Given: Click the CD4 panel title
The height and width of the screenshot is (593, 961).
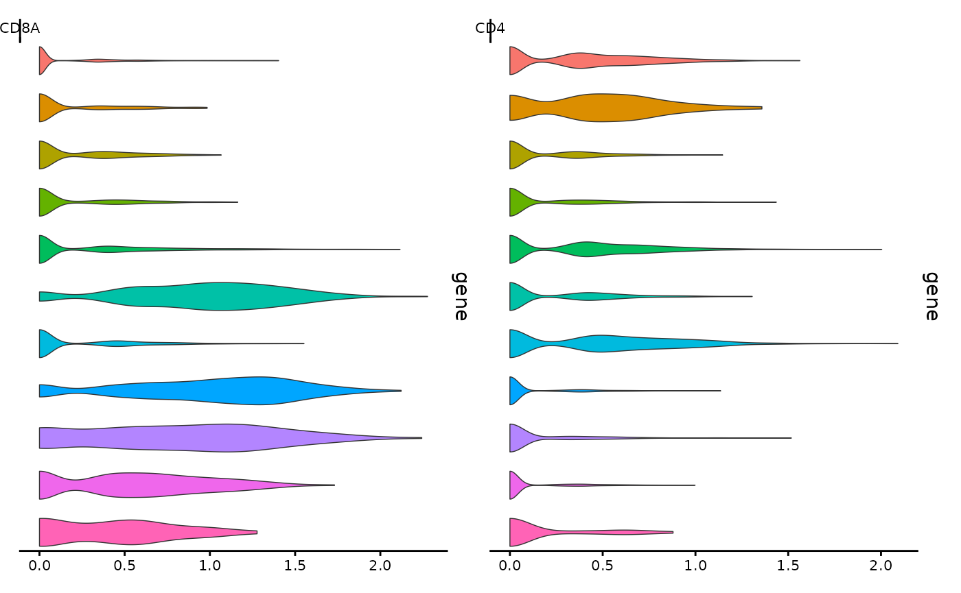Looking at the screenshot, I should [490, 28].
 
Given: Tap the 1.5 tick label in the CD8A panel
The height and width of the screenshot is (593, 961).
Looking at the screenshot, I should [294, 566].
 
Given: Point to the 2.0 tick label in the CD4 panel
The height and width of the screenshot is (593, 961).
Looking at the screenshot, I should [881, 566].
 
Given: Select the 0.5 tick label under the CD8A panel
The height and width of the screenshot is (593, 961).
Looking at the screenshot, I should [125, 566].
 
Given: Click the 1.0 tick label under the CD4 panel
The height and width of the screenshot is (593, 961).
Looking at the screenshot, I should [695, 566].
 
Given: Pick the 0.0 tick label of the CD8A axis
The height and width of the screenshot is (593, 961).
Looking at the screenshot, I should [40, 566].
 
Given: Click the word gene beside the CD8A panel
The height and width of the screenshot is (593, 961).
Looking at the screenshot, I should [459, 296].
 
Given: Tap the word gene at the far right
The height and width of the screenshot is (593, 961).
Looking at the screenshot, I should [930, 296].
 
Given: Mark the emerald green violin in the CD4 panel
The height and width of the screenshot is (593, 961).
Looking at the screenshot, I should [583, 250].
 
